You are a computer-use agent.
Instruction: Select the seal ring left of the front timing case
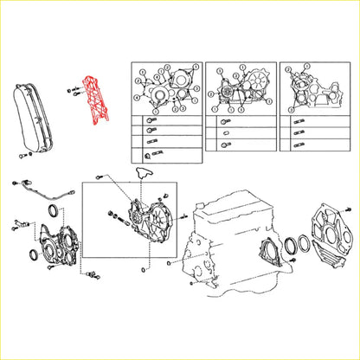tap(34, 253)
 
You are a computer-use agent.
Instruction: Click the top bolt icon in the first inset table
tap(151, 121)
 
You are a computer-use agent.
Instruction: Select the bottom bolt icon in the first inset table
tap(151, 157)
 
